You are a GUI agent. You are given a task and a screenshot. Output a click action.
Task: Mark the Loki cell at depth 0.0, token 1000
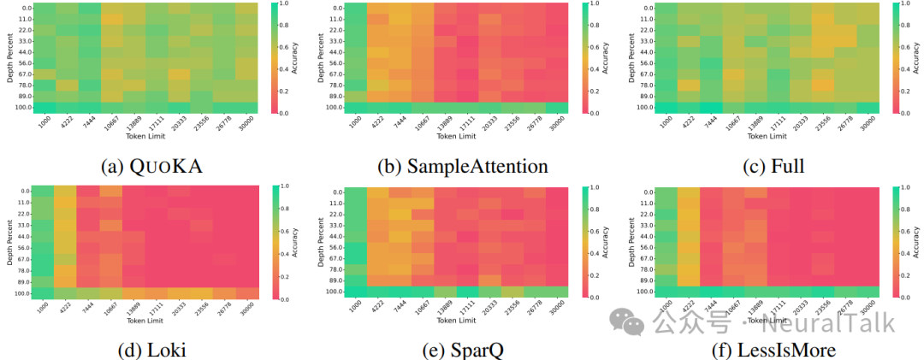click(x=43, y=192)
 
